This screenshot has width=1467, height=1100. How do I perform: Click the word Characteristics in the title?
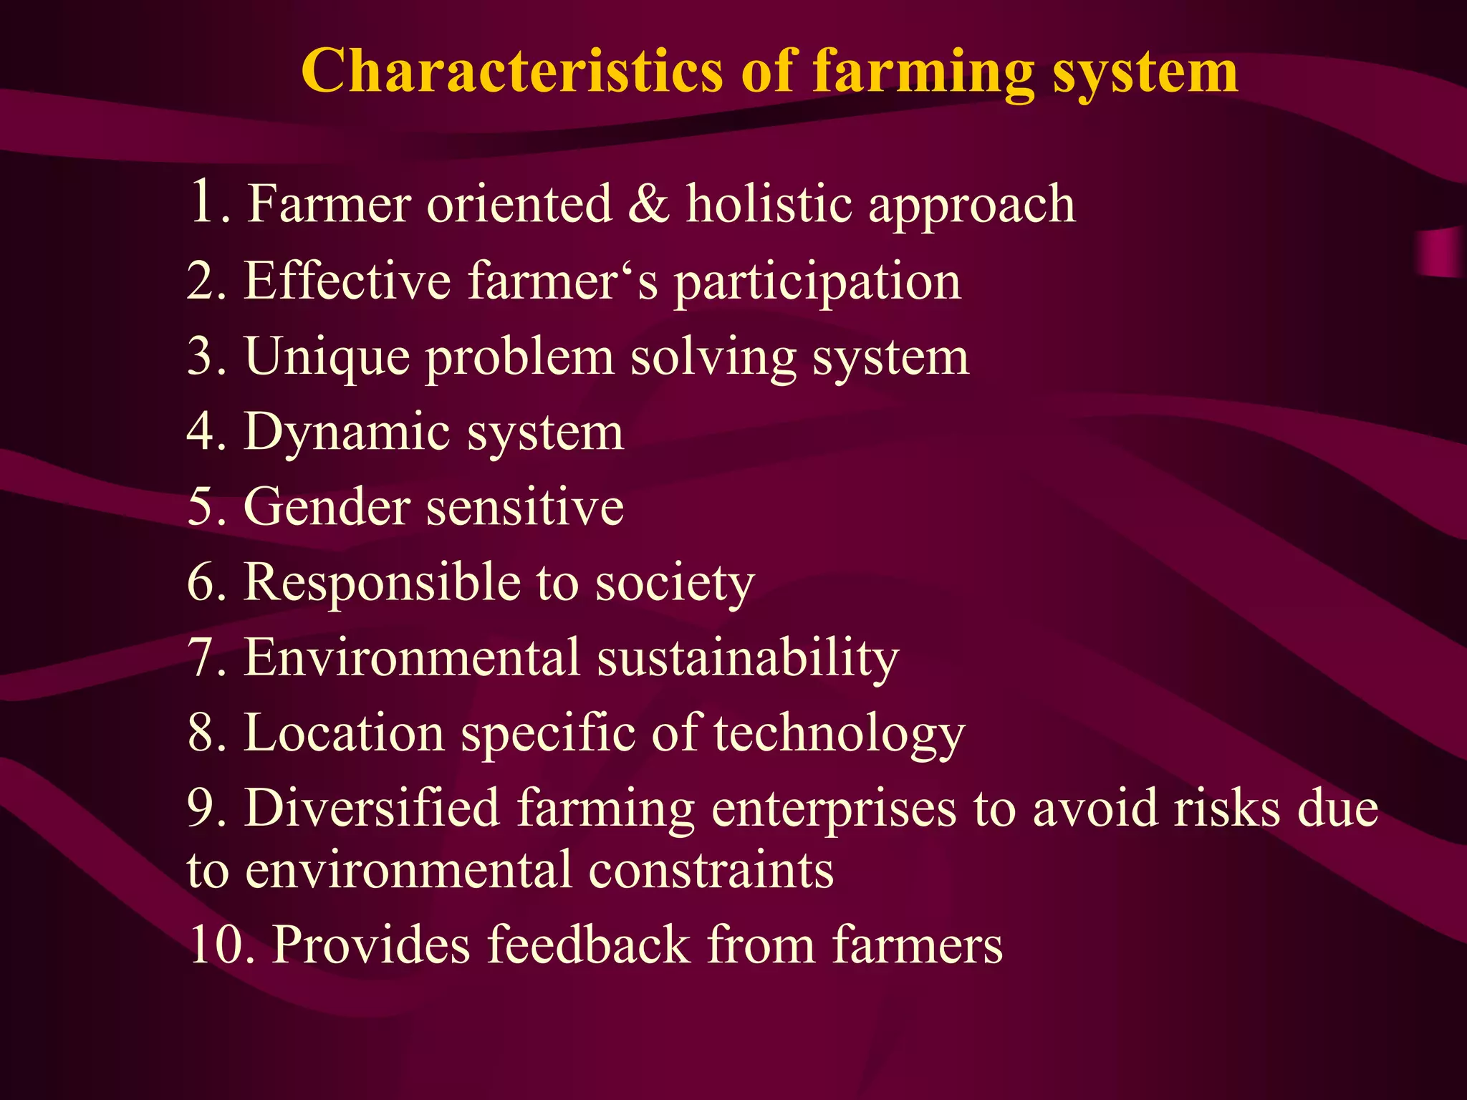point(511,71)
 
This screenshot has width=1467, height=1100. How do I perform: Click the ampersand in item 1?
point(648,204)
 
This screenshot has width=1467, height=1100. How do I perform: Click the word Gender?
point(327,507)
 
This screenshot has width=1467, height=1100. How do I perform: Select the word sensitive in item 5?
point(524,507)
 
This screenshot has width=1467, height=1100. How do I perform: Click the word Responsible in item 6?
point(382,582)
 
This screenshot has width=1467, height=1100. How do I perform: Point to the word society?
point(675,584)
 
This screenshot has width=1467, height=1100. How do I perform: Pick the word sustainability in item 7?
point(747,657)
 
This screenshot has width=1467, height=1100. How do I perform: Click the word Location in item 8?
point(344,733)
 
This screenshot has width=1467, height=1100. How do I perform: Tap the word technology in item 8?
point(839,734)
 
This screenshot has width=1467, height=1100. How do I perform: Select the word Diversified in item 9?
point(372,808)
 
